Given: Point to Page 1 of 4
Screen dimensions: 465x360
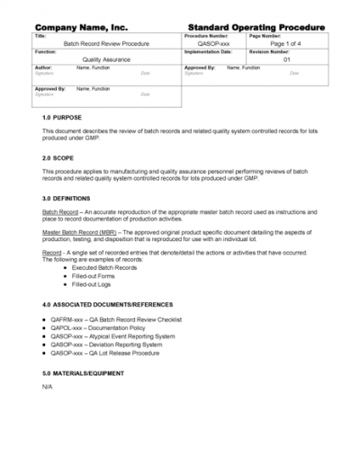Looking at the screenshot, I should [291, 44].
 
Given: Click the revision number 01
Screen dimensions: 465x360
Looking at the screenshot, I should [287, 59].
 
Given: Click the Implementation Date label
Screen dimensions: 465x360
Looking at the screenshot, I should [210, 52].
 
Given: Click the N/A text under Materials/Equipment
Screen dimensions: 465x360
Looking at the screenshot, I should [48, 387].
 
